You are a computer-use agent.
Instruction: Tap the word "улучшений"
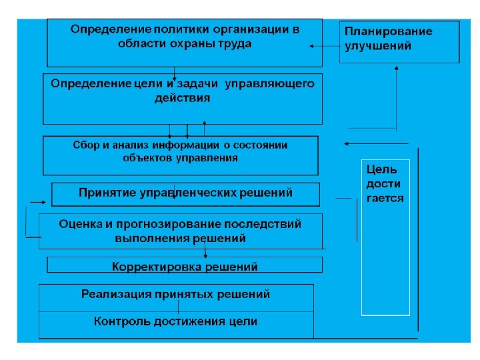tap(378, 46)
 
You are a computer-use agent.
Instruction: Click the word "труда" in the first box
tap(236, 43)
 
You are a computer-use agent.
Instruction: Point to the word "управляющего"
tap(270, 84)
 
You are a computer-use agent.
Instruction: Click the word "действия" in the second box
tap(182, 98)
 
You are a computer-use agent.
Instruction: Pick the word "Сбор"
tap(86, 145)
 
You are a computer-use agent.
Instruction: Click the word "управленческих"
tap(193, 193)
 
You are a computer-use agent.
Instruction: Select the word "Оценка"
tap(79, 224)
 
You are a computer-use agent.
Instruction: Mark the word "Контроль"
tap(121, 321)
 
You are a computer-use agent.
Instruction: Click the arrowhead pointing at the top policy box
tap(312, 46)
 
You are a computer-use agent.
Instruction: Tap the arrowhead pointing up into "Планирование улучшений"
tap(397, 67)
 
